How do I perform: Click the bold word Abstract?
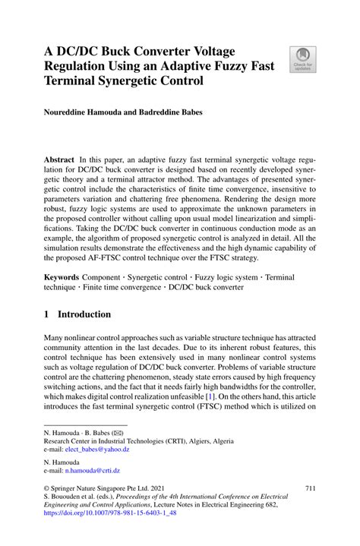pyautogui.click(x=58, y=162)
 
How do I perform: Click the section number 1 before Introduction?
pyautogui.click(x=46, y=314)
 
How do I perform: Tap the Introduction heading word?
pyautogui.click(x=85, y=314)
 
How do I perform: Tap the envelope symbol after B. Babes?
pyautogui.click(x=114, y=431)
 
